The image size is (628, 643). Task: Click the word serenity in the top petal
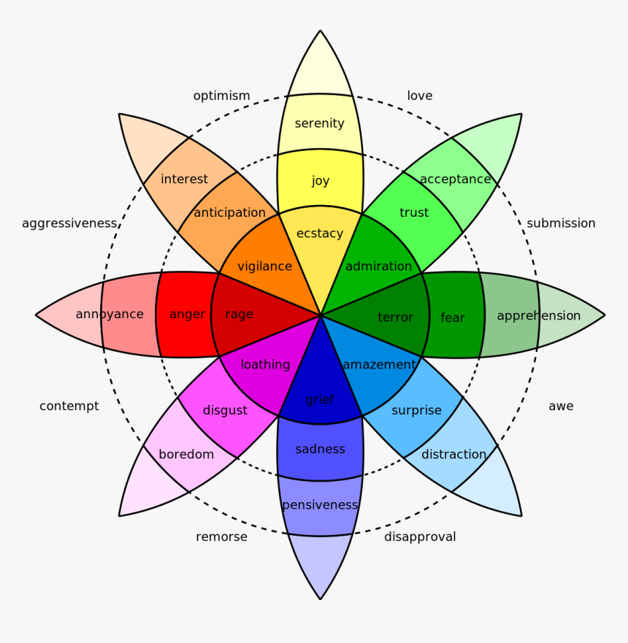point(320,123)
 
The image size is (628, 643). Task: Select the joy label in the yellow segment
point(321,180)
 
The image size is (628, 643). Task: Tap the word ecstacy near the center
point(320,233)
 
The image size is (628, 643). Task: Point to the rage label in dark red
point(239,314)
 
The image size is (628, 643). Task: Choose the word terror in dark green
point(395,317)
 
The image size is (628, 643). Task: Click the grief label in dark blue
point(320,399)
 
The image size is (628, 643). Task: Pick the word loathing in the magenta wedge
point(265,364)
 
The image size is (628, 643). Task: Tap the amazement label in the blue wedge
point(379,364)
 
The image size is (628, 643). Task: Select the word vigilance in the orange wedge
point(264,266)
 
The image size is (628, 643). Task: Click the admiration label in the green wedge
point(378,266)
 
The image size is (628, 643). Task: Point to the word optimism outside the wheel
point(221,96)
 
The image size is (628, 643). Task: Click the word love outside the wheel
point(419,96)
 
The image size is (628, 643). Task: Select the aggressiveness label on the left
point(69,223)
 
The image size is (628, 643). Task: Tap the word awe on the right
point(561,406)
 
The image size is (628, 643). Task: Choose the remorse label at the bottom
point(221,536)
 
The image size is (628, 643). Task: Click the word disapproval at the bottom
point(420,536)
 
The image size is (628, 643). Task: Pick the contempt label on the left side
point(69,406)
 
